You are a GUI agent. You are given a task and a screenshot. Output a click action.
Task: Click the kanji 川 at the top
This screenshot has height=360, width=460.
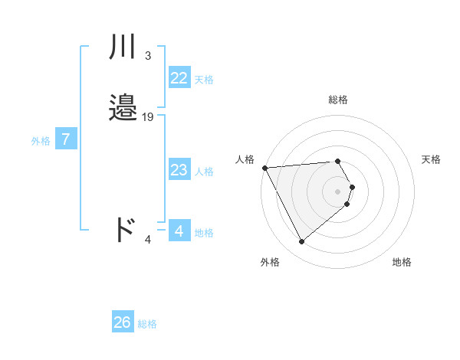123,47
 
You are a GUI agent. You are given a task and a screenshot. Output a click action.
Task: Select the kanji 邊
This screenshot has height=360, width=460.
123,108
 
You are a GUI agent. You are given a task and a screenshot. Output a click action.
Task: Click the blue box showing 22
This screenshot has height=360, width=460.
179,78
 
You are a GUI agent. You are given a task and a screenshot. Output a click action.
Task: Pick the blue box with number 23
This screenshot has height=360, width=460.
179,170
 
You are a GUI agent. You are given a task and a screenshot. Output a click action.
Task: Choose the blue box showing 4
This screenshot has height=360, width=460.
179,231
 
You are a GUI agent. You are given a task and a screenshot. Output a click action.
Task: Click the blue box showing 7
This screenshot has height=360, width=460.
66,139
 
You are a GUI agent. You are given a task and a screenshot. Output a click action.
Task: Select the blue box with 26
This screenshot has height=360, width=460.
123,322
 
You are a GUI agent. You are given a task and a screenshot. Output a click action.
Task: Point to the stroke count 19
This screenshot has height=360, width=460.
148,117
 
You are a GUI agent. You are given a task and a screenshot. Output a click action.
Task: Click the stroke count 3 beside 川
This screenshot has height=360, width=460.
147,55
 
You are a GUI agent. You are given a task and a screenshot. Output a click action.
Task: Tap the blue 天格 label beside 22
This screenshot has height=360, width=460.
204,80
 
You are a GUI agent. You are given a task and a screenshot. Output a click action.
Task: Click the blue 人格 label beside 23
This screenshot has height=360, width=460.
205,172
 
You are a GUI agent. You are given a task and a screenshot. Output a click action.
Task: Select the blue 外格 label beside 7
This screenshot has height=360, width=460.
41,141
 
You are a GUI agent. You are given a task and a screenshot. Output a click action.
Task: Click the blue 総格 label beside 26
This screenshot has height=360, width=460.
148,324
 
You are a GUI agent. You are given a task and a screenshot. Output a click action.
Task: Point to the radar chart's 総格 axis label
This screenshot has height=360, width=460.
338,100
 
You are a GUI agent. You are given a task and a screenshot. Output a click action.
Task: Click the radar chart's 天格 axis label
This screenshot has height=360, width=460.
432,159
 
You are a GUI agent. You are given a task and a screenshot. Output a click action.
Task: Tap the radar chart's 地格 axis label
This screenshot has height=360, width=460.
402,262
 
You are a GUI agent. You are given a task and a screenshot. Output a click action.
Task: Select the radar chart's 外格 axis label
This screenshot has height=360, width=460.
270,262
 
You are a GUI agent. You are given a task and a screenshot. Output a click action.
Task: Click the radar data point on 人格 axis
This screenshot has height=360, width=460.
264,168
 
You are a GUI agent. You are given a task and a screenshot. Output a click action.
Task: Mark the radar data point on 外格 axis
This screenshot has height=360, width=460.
302,242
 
